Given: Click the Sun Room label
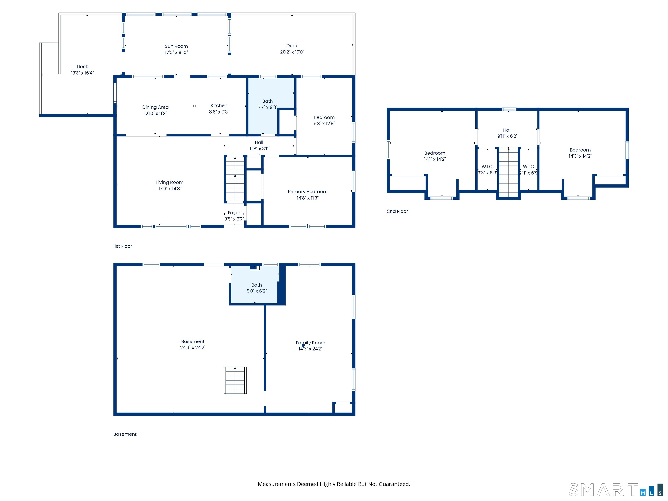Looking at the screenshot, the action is [x=176, y=46].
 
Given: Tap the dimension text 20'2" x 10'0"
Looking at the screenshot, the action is [x=292, y=52].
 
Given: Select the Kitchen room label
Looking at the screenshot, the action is [x=219, y=105].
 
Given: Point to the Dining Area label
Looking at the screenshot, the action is [x=155, y=107].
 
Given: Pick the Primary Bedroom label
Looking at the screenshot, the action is [x=307, y=192].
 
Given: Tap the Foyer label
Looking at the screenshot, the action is [x=234, y=213].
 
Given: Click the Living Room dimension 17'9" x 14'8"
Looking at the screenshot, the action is [x=170, y=189].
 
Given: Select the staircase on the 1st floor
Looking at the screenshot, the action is [x=235, y=179].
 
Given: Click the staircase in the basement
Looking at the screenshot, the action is [x=235, y=380].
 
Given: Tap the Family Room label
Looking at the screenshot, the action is [x=311, y=343].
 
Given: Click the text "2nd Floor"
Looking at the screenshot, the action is [x=397, y=211].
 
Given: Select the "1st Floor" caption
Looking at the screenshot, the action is [x=123, y=246].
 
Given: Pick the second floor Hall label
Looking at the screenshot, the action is [x=507, y=130].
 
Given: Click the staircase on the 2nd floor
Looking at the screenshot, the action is [x=509, y=172].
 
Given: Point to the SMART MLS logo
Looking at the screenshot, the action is [x=615, y=489].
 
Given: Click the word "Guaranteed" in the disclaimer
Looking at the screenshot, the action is [x=394, y=484].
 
